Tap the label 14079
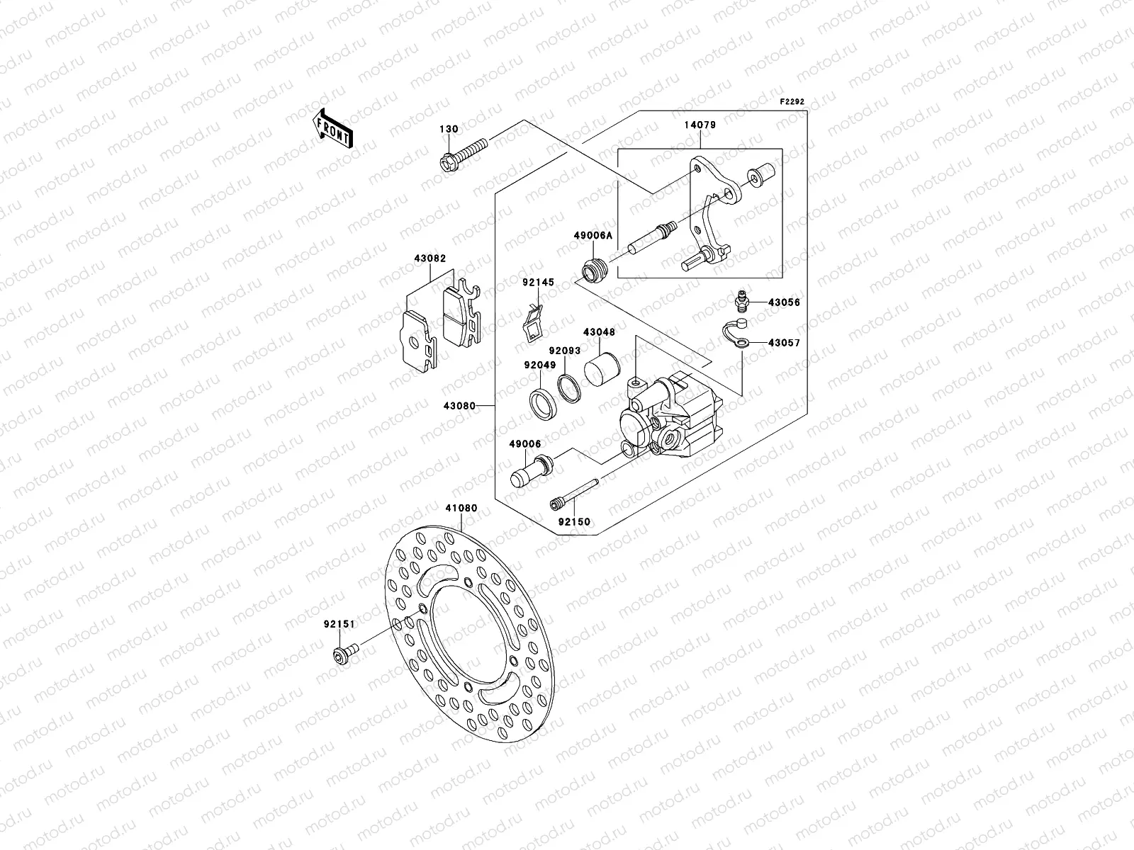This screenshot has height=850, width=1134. click(700, 125)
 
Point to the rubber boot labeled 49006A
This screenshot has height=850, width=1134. click(594, 271)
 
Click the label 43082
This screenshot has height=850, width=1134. click(430, 259)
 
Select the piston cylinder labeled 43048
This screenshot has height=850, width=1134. click(602, 368)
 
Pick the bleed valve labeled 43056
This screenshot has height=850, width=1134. click(741, 302)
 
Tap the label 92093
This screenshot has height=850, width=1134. click(564, 351)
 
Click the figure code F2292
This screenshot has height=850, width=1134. click(793, 102)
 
